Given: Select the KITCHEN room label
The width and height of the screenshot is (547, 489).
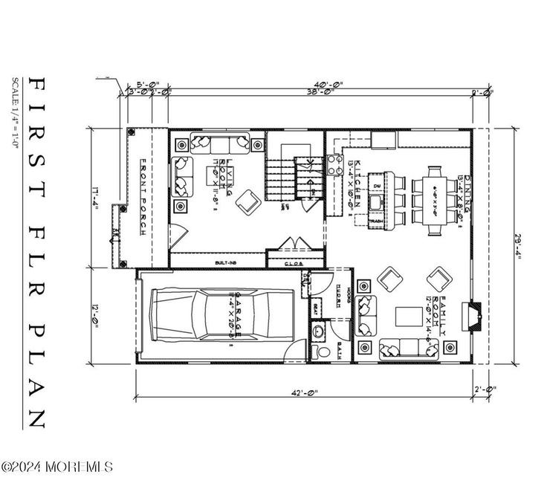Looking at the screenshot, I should click(x=357, y=182).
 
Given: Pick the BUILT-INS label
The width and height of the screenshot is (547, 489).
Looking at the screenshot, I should click(x=226, y=262).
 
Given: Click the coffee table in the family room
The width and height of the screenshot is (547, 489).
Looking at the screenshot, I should click(x=407, y=315).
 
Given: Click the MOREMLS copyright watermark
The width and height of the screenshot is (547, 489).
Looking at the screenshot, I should click(x=58, y=467).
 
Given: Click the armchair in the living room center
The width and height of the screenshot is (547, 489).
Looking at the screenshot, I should click(x=245, y=199).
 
